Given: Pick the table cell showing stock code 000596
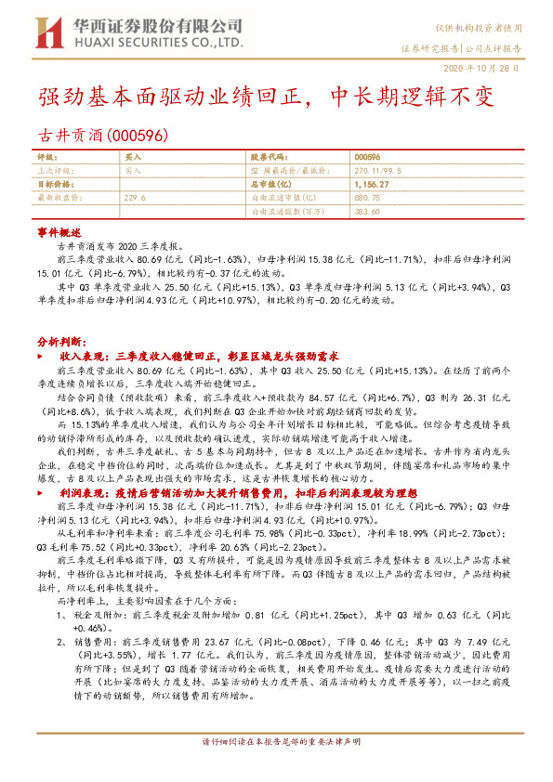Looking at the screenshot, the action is pyautogui.click(x=368, y=159).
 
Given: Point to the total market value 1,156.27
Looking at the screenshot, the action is pyautogui.click(x=372, y=185).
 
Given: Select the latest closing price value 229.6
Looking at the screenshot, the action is pyautogui.click(x=135, y=198).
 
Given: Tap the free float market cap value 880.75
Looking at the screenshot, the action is pyautogui.click(x=369, y=198).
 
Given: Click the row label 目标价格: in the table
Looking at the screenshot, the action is pyautogui.click(x=53, y=185).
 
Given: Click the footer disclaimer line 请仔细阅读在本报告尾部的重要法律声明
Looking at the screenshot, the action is pyautogui.click(x=281, y=768).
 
